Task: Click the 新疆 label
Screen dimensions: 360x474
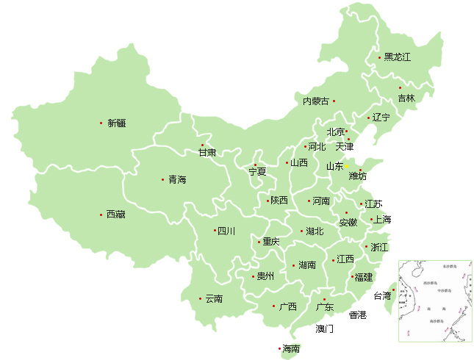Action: coord(116,123)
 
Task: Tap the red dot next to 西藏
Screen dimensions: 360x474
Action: coord(101,215)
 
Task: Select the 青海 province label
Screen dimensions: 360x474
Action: coord(177,179)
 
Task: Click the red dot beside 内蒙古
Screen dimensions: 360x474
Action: coord(334,101)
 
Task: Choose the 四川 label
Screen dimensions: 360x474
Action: coord(226,231)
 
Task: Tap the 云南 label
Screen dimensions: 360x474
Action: coord(214,299)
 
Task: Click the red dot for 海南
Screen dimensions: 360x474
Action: coord(279,349)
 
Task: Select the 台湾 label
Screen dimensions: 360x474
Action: coord(382,297)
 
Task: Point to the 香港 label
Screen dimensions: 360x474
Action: coord(357,315)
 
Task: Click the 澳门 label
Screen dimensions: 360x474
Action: coord(324,328)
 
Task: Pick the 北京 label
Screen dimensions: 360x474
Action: coord(335,132)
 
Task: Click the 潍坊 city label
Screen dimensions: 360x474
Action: coord(357,176)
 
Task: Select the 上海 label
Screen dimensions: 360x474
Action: coord(383,220)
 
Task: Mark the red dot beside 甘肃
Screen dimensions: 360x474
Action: coord(204,144)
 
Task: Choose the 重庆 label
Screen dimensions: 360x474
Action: coord(270,242)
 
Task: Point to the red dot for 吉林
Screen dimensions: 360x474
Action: coord(400,87)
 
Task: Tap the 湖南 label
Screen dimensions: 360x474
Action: coord(307,265)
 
